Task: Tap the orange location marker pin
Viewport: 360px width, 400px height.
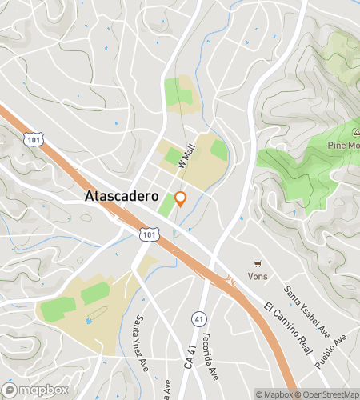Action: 181,199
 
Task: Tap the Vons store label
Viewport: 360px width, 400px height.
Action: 258,276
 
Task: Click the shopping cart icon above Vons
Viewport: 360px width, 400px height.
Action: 258,263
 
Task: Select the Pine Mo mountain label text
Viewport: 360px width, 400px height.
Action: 343,145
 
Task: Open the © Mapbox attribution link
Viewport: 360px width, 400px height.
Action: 274,394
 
